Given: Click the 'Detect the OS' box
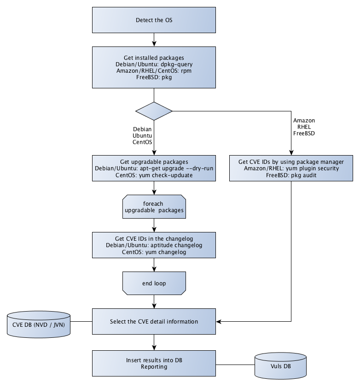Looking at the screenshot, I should click(x=154, y=21).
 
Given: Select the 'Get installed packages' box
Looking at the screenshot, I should click(x=154, y=68).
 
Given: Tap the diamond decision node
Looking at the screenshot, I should click(x=154, y=111).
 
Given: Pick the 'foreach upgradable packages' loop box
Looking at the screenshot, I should click(x=154, y=206).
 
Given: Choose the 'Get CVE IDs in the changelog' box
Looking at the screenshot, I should click(x=154, y=245).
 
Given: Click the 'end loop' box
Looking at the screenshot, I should click(x=154, y=283).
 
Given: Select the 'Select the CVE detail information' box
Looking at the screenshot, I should click(x=154, y=321).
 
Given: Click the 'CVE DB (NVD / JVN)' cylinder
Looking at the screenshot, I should click(x=39, y=322).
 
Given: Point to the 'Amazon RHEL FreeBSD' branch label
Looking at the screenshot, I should click(x=304, y=127).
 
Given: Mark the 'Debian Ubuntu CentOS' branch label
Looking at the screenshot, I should click(x=142, y=136).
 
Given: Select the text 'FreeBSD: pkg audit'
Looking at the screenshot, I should click(x=291, y=175).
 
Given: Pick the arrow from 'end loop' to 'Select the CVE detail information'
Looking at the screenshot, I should click(x=154, y=301).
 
